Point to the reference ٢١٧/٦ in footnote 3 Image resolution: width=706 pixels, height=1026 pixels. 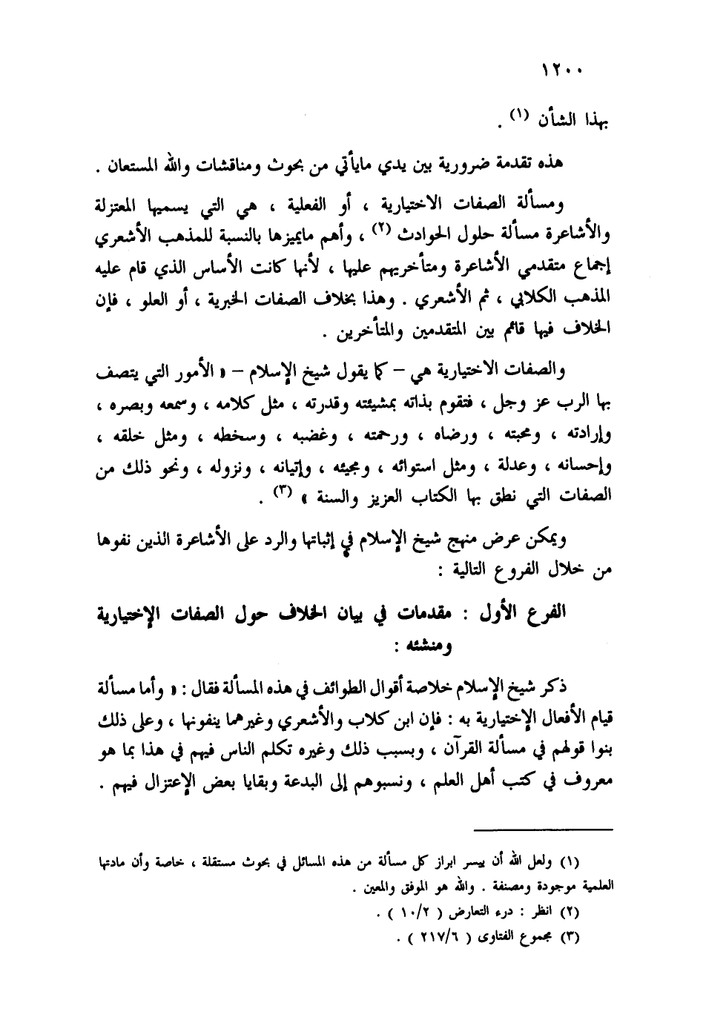[x=436, y=937]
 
